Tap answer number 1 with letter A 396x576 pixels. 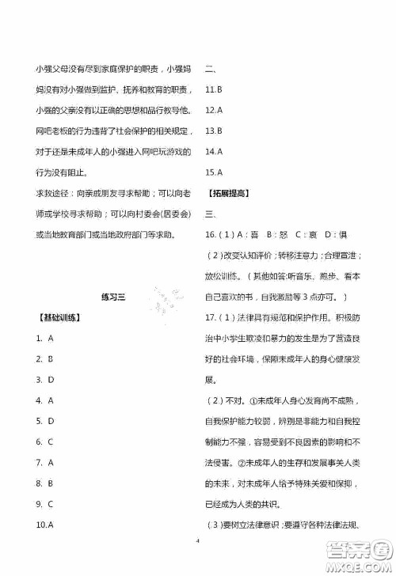(44, 338)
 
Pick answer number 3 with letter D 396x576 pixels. (44, 380)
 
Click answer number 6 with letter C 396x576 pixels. (44, 441)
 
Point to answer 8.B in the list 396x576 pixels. (44, 483)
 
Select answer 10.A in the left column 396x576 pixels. (44, 524)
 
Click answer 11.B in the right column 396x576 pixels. (213, 89)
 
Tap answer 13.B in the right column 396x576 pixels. (213, 131)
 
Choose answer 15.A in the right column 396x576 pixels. (213, 172)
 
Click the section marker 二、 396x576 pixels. (211, 69)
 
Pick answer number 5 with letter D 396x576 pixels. (44, 421)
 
